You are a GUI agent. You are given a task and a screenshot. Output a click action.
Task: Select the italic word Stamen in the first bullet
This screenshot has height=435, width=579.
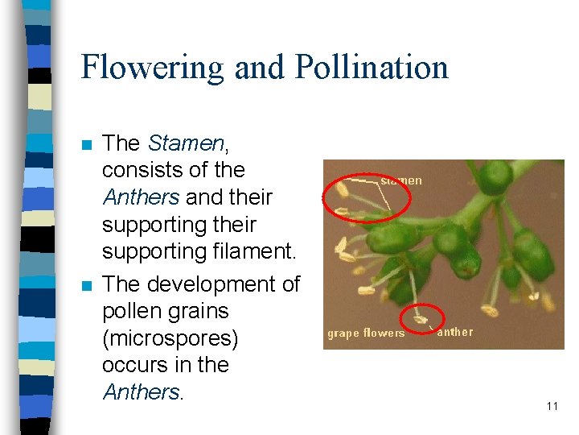[186, 143]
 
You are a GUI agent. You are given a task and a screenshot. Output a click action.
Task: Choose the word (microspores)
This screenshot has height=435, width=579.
[170, 338]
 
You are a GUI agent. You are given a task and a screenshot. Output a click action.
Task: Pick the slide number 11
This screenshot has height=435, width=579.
[552, 406]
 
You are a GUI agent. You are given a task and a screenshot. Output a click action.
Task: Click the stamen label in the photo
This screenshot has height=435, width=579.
[401, 180]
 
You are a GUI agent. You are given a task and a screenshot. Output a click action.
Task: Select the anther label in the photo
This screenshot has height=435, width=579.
[455, 332]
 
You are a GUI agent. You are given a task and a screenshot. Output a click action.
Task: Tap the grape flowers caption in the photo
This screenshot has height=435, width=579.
[366, 333]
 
